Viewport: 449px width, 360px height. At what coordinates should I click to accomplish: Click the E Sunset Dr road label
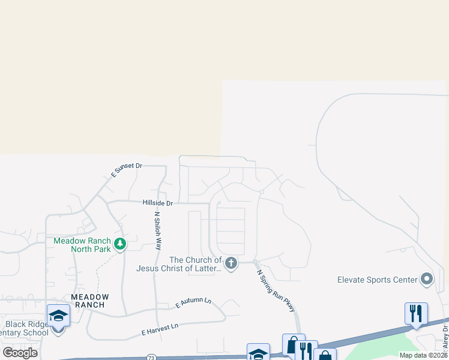(x=126, y=170)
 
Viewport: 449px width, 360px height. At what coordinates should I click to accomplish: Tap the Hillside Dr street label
(x=157, y=203)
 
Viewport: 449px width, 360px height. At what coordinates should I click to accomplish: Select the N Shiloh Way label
(x=158, y=231)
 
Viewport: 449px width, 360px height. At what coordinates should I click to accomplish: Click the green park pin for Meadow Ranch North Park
(x=121, y=244)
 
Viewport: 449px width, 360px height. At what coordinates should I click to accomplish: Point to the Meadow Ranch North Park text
(x=82, y=245)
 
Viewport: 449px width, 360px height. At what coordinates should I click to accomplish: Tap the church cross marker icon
(x=231, y=262)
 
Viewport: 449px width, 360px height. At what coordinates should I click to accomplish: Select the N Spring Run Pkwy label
(x=276, y=291)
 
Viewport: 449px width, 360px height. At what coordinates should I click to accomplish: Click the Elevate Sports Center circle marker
(x=427, y=279)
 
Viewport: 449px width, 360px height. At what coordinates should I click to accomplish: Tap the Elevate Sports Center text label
(x=377, y=280)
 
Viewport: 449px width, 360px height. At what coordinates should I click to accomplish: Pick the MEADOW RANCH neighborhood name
(x=90, y=301)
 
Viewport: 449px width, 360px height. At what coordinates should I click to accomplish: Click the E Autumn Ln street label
(x=193, y=303)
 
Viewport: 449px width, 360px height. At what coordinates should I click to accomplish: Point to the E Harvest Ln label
(x=160, y=329)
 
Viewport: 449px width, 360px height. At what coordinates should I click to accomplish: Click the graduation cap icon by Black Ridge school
(x=58, y=316)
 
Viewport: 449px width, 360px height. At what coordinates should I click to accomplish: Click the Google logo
(x=20, y=352)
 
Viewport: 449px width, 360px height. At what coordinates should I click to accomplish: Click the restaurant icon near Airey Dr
(x=416, y=313)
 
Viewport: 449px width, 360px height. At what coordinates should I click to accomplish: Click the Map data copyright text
(x=423, y=355)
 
